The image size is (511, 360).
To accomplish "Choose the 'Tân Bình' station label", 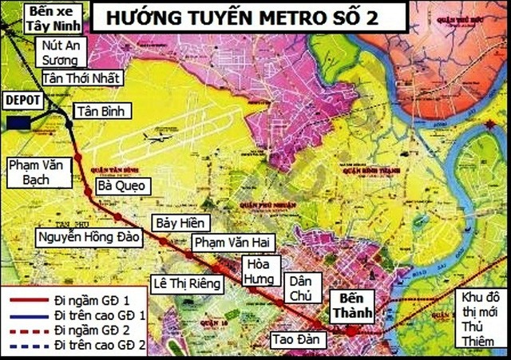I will tap(101, 111).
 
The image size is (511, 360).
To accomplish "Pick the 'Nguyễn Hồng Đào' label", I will tap(89, 236).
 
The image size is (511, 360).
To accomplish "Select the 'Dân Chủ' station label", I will tap(303, 287).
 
